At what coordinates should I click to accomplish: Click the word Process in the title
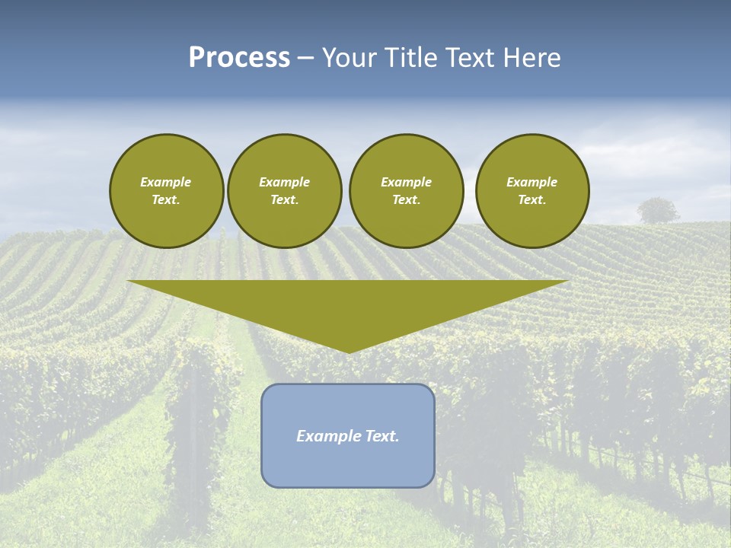pyautogui.click(x=239, y=58)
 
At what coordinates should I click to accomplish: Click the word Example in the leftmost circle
pyautogui.click(x=166, y=182)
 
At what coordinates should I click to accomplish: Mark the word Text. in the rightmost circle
pyautogui.click(x=532, y=200)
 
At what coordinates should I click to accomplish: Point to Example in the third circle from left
pyautogui.click(x=407, y=182)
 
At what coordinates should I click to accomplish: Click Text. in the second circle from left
pyautogui.click(x=285, y=200)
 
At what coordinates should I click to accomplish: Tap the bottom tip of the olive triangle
pyautogui.click(x=349, y=351)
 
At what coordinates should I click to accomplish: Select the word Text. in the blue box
pyautogui.click(x=382, y=436)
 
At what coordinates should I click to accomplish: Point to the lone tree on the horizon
pyautogui.click(x=658, y=210)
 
